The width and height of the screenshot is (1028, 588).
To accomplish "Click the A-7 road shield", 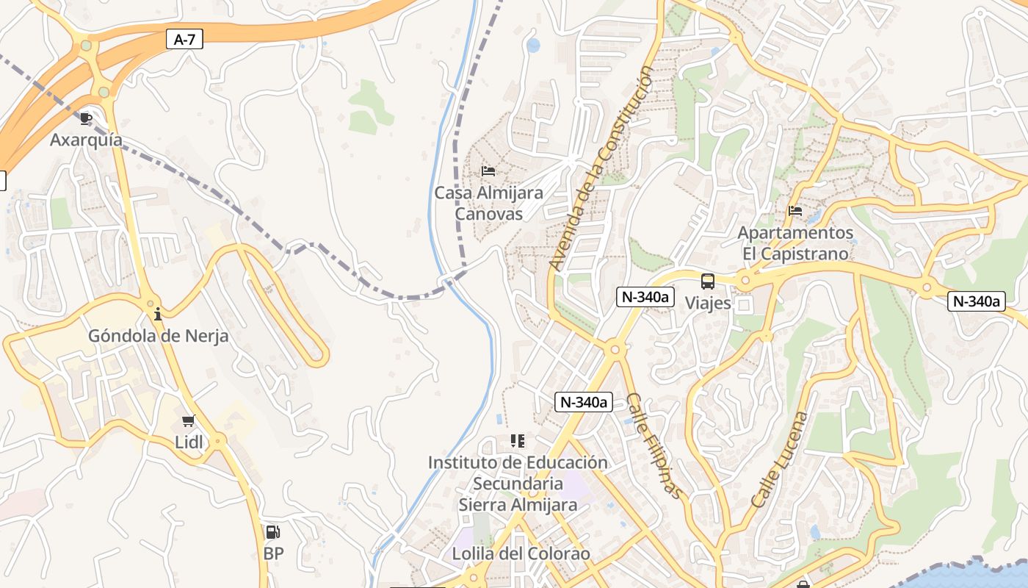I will (184, 39).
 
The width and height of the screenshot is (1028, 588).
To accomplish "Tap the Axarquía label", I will (86, 140).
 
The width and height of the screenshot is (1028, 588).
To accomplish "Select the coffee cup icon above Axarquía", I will (86, 118).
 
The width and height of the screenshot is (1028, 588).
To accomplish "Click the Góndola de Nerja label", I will (158, 336).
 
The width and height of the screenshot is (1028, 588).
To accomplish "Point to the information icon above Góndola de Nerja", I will (158, 315).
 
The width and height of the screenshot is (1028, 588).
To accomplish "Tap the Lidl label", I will (189, 442).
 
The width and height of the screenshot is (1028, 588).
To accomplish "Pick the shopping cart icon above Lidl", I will (189, 421).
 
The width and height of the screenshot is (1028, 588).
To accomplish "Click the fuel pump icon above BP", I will (272, 532).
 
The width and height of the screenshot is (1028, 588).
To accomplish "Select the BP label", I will (273, 553).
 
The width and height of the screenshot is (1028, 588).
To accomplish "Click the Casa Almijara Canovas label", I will (488, 204).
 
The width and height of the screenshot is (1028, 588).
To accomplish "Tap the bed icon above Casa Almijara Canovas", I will (488, 171).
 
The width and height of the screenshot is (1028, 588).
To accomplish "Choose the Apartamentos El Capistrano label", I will (795, 243).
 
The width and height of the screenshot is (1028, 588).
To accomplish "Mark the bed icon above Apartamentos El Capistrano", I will (795, 211).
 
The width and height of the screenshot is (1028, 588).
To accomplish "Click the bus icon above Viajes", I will (708, 282).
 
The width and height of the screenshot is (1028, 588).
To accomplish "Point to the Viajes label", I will (708, 303).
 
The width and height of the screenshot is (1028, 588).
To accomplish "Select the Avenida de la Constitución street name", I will (601, 168).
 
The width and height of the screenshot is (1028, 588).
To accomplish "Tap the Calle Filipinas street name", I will (655, 446).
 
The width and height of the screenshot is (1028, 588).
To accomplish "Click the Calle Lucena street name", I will (779, 459).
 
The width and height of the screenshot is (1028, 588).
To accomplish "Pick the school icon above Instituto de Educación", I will (518, 441).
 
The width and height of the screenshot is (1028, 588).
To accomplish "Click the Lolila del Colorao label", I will (521, 553).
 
